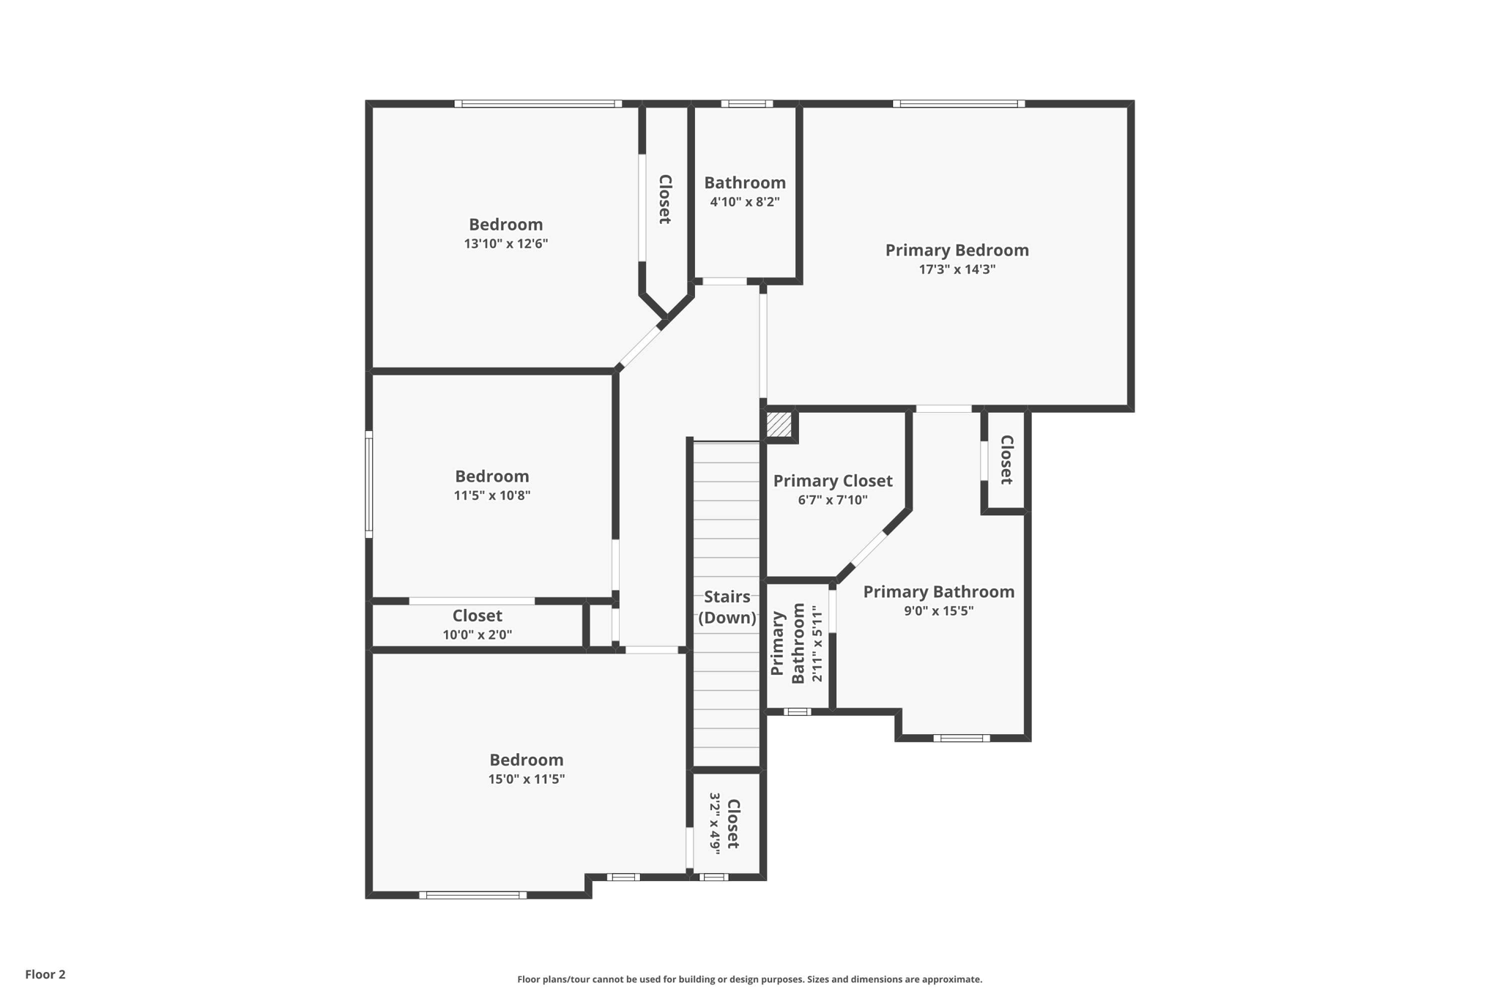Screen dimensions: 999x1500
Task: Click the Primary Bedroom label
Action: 957,250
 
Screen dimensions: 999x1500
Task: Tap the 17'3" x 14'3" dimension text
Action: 957,269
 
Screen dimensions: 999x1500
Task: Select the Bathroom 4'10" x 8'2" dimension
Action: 744,202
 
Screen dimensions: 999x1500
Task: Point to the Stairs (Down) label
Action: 727,607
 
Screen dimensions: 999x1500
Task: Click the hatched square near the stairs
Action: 779,424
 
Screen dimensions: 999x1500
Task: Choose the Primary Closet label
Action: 833,481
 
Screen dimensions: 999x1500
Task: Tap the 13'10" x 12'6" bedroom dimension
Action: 505,244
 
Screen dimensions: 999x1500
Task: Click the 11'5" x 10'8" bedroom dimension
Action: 491,495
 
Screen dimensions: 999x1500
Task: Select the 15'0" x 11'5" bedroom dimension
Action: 526,779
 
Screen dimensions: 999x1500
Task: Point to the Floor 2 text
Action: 45,974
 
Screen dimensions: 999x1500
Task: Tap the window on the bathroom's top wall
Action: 746,104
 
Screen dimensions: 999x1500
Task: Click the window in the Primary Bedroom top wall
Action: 958,104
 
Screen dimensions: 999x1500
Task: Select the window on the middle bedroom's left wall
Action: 369,484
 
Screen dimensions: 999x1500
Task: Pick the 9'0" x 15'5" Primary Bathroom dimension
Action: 938,611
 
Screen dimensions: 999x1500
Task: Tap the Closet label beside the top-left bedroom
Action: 665,199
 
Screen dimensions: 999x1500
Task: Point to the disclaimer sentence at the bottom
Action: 749,979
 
